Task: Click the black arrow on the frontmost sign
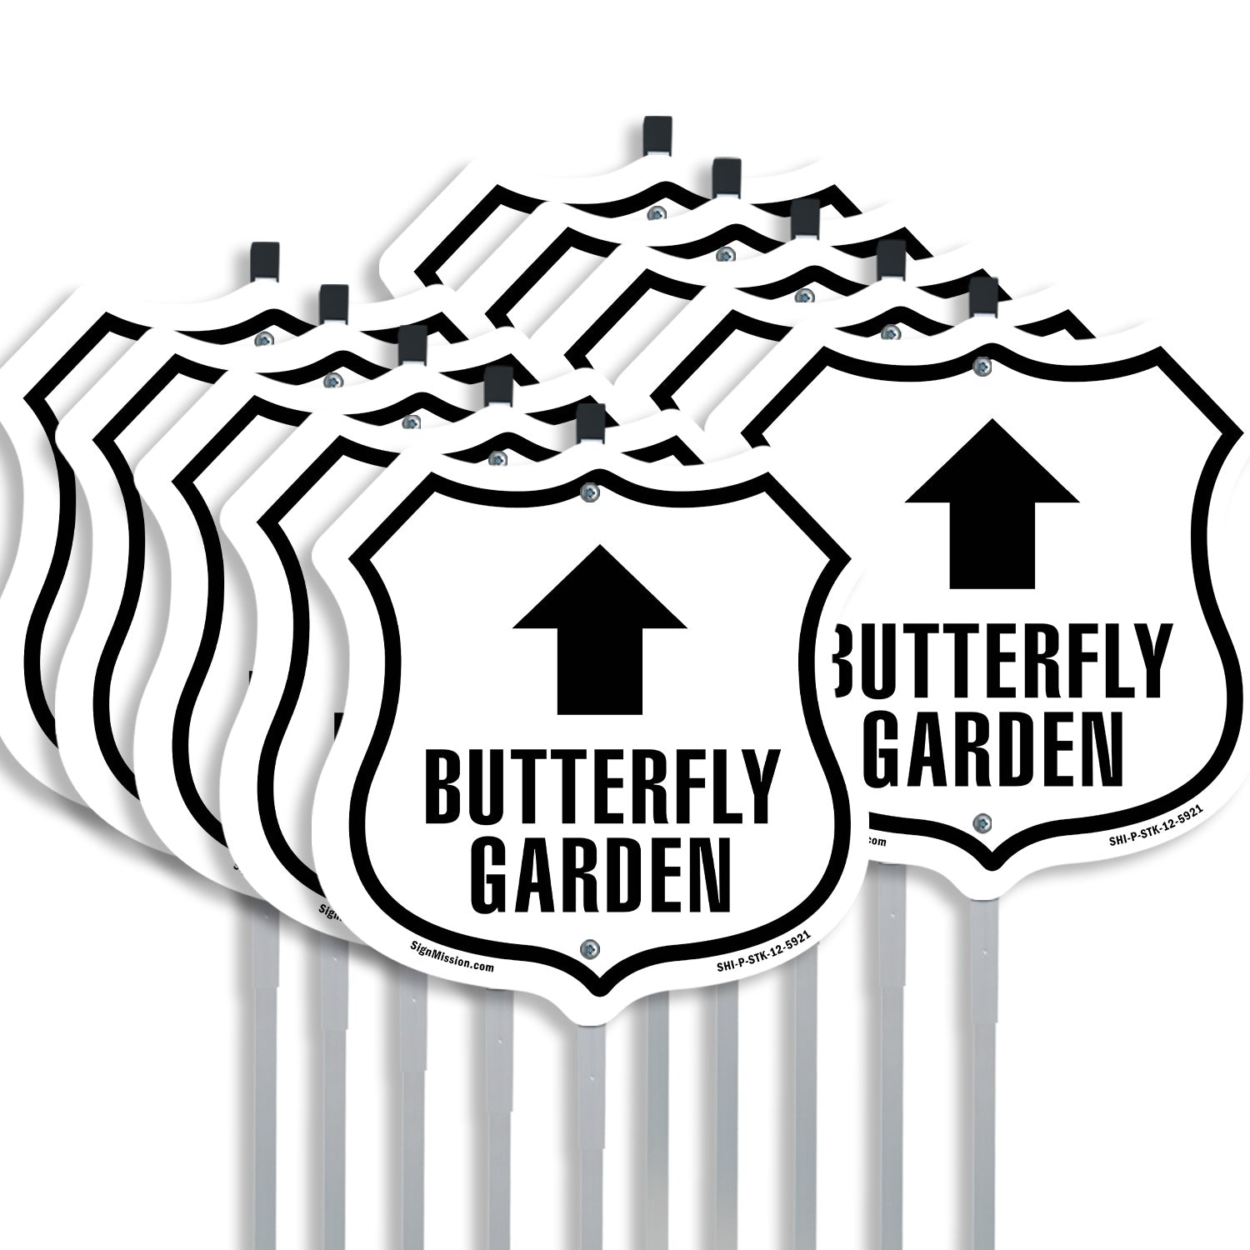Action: [600, 629]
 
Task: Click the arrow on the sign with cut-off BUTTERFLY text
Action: [992, 502]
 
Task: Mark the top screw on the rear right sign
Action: [983, 367]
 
